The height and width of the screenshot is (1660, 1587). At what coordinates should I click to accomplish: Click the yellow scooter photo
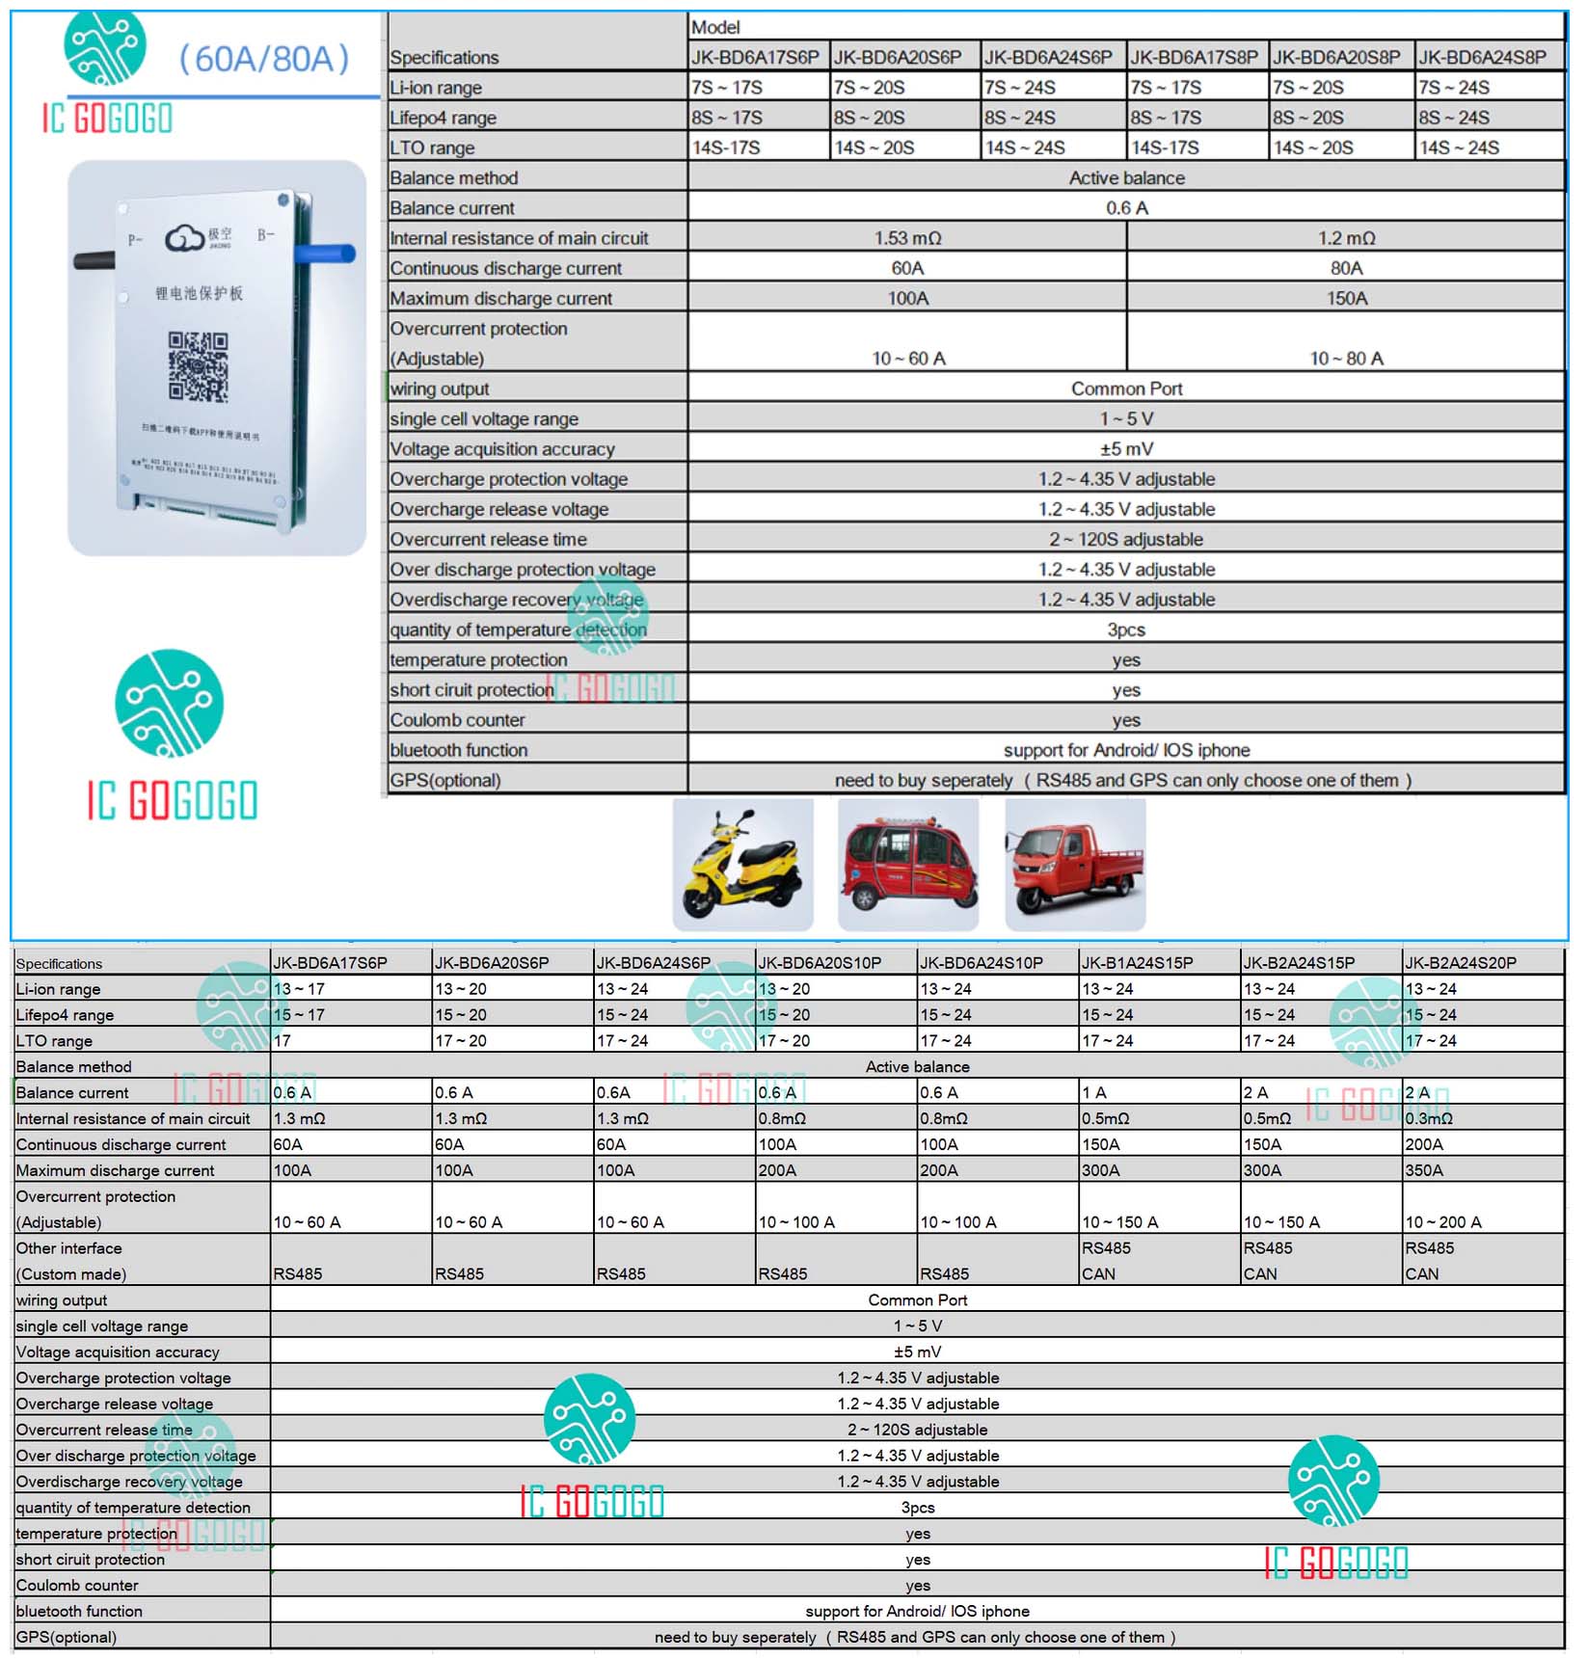point(742,865)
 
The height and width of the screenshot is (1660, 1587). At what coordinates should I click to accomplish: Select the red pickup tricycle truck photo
point(1075,865)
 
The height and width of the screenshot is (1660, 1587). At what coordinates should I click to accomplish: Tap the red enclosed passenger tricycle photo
point(908,865)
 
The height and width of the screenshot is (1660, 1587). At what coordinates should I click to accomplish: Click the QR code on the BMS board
point(199,366)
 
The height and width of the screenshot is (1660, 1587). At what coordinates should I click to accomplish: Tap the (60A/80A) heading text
point(263,60)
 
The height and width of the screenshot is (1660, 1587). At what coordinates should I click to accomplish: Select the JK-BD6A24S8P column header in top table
point(1482,58)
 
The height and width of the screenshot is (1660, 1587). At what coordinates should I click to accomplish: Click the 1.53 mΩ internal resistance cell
point(907,238)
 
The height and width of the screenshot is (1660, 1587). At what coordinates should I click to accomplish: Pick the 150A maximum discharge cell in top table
point(1346,299)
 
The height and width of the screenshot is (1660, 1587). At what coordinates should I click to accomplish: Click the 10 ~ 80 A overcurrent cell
point(1346,359)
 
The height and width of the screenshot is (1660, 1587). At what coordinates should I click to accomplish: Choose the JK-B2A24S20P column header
point(1460,963)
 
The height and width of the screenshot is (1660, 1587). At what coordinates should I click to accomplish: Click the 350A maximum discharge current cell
point(1424,1170)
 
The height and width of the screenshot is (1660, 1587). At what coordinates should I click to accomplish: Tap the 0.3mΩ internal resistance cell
point(1428,1118)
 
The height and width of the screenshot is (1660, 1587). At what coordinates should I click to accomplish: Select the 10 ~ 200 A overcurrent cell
point(1442,1222)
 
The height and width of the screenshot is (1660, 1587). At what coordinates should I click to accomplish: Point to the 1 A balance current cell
point(1094,1092)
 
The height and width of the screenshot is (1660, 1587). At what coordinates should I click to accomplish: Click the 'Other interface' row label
point(69,1248)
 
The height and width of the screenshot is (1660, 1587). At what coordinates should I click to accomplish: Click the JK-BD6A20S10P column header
point(820,963)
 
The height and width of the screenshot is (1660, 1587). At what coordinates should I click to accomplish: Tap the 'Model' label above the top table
point(715,27)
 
